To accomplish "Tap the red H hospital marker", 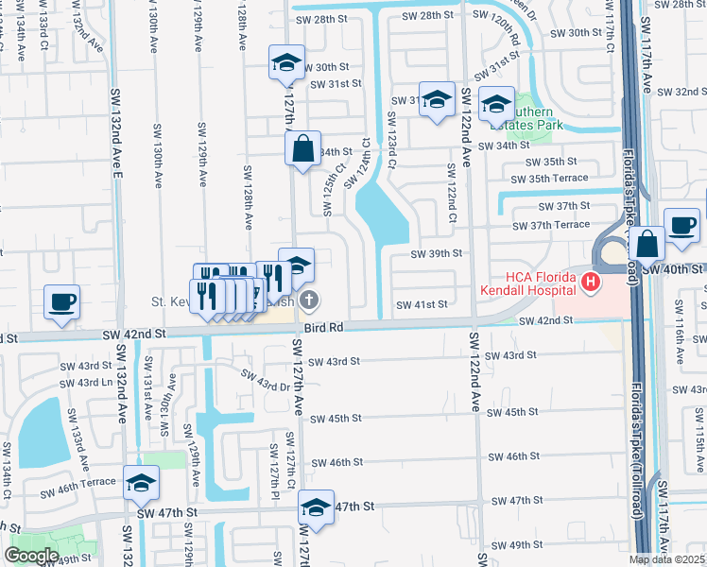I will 591,282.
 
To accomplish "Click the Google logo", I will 31,556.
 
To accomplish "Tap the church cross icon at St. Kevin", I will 308,301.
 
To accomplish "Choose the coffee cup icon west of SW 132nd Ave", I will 61,303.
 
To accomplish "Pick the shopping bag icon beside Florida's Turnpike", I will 648,244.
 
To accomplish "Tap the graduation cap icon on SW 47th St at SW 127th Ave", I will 317,507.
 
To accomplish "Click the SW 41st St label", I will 421,305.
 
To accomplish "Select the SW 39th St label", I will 437,253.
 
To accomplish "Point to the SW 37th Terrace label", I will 551,225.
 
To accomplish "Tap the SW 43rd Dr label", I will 266,380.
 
